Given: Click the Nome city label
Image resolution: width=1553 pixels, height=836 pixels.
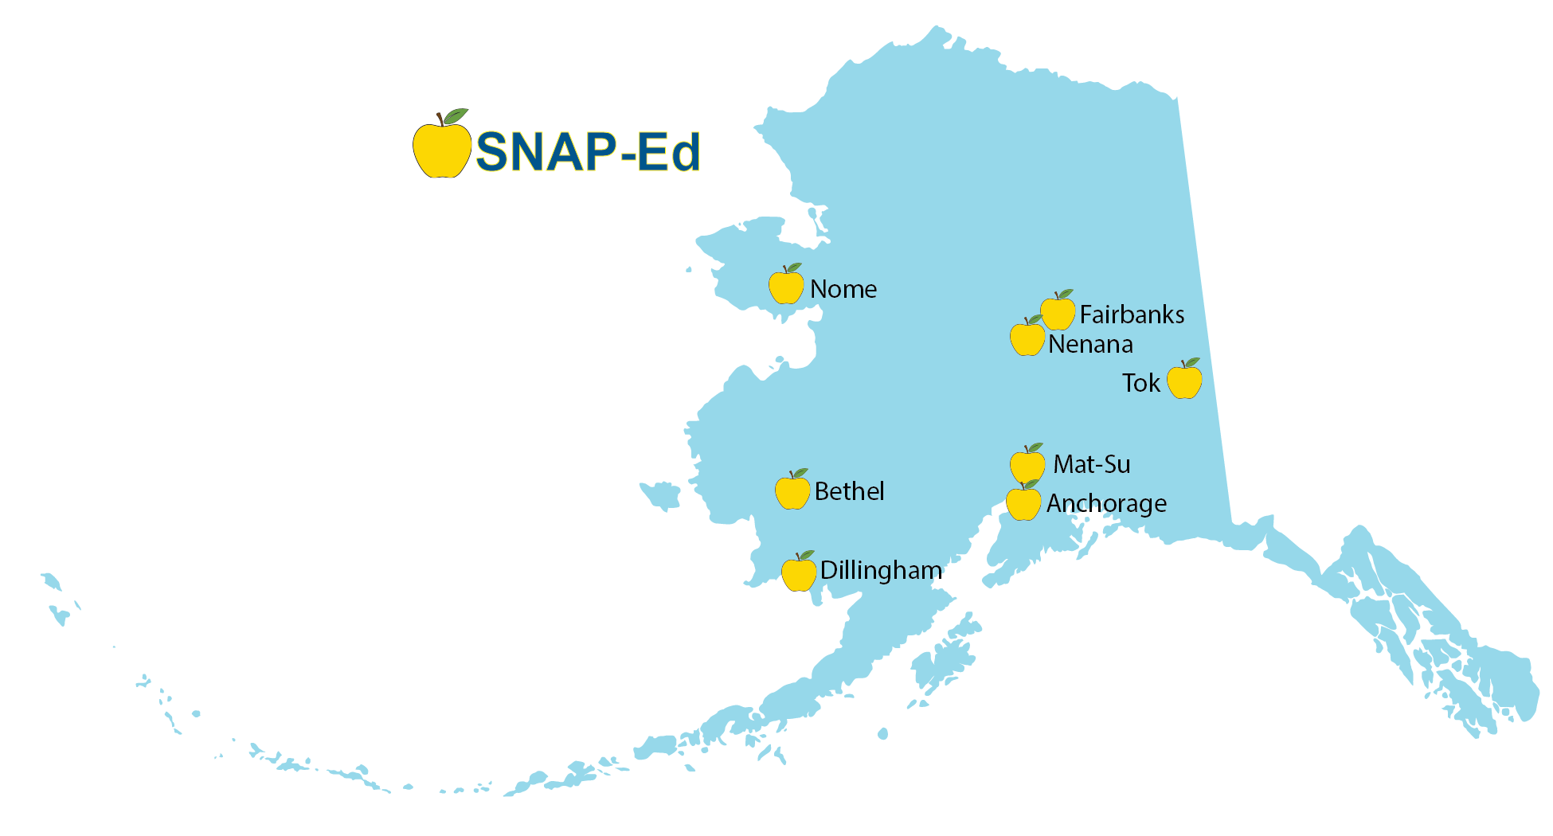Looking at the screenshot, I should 843,289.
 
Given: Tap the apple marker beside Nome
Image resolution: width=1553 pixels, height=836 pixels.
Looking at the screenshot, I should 785,287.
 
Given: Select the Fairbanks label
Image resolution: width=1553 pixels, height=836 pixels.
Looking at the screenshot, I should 1132,314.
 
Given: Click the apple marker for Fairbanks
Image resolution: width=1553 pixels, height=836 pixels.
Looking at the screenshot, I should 1058,312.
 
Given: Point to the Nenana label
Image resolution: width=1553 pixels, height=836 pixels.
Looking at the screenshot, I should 1090,345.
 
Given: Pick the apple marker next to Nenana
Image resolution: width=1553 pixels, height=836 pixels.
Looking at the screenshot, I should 1027,338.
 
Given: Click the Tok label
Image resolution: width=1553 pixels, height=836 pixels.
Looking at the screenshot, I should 1141,383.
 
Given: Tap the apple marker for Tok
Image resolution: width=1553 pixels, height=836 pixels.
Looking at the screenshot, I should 1184,381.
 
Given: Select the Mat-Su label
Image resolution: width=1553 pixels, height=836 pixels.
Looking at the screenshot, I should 1091,464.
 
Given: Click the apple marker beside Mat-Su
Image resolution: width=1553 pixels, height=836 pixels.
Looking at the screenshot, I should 1027,463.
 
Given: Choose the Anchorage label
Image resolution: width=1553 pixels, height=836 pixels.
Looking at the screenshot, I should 1106,503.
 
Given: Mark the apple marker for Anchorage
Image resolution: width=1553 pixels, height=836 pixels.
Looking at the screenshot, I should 1023,503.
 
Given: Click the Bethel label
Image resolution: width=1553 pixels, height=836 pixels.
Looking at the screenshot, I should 849,491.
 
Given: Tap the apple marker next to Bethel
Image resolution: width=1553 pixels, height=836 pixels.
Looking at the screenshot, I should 792,491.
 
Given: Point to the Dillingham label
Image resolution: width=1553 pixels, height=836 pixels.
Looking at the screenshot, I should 881,570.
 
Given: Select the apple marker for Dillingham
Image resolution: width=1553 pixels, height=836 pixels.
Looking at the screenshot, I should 799,573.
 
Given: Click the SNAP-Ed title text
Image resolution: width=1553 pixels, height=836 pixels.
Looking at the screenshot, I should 588,151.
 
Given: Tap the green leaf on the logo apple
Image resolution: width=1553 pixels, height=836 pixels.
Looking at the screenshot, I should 456,116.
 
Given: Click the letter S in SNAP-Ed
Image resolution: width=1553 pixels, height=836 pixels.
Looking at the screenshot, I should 494,151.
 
